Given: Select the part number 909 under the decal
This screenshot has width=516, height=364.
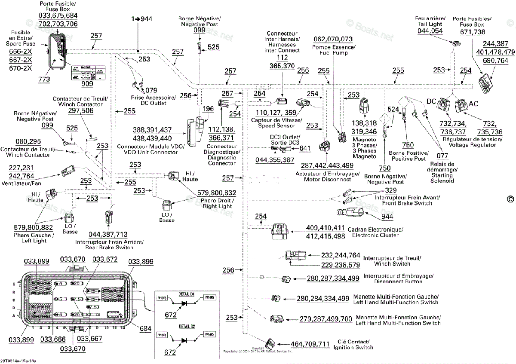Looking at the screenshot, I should [87, 84].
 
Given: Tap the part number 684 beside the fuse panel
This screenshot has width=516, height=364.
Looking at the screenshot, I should [145, 329].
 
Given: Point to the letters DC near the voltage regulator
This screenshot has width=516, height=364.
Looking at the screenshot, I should [432, 102].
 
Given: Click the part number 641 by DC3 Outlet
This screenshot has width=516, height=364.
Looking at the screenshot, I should [305, 148].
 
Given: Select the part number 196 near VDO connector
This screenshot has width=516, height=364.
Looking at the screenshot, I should [208, 110].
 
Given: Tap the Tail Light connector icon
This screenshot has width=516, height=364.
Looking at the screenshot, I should [457, 43].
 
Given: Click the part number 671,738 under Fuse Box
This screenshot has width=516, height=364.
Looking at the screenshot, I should [473, 32].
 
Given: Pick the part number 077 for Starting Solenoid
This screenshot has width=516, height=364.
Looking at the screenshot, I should [442, 156].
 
